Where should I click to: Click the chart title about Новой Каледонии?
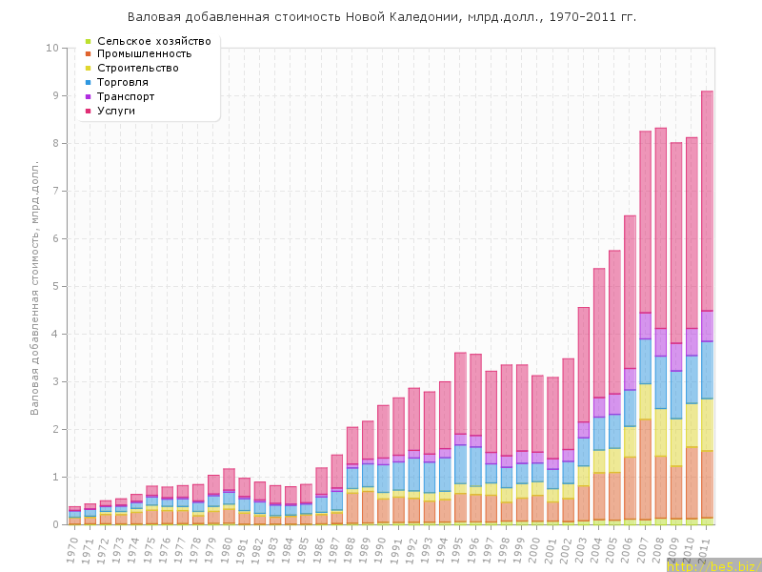point(381,17)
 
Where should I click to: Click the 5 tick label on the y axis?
point(55,286)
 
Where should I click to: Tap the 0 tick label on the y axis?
point(55,524)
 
